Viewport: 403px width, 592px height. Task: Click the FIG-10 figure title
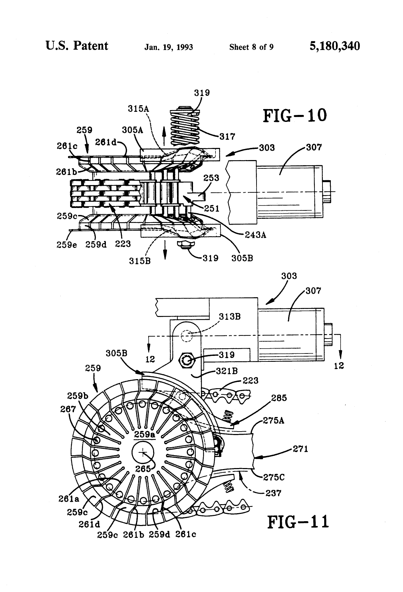[x=295, y=116]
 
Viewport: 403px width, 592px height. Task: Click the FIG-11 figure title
[x=298, y=522]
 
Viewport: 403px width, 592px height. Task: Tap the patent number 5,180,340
[x=335, y=46]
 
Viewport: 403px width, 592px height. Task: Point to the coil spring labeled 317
[x=185, y=127]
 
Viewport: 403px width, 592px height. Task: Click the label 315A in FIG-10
[x=138, y=109]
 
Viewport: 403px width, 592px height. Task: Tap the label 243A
[x=256, y=235]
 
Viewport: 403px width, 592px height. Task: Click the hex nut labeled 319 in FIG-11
[x=186, y=361]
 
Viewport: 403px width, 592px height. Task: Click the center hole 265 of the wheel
[x=143, y=452]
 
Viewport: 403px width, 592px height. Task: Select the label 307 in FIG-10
[x=314, y=147]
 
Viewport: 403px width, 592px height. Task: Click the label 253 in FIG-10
[x=211, y=178]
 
